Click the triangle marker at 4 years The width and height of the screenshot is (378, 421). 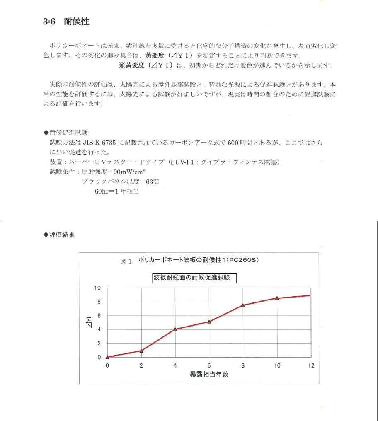175,329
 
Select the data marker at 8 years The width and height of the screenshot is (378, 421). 243,305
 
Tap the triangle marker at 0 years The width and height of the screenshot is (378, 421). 107,357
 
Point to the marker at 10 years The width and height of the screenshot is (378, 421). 277,298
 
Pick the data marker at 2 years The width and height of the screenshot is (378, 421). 141,351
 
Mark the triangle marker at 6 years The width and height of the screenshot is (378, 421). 209,322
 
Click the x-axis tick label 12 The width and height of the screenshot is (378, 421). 311,365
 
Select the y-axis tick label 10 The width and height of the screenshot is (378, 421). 98,288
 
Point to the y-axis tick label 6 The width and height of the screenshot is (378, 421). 99,316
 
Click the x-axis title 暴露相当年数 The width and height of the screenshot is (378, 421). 209,374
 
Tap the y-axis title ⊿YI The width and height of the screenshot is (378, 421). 89,322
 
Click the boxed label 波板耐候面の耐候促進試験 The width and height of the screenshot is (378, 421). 194,278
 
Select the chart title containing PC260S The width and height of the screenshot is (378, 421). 198,260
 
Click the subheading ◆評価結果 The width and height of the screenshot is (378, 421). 59,235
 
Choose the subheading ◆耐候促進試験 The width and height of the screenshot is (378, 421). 65,133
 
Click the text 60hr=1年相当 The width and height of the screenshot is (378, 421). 116,191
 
